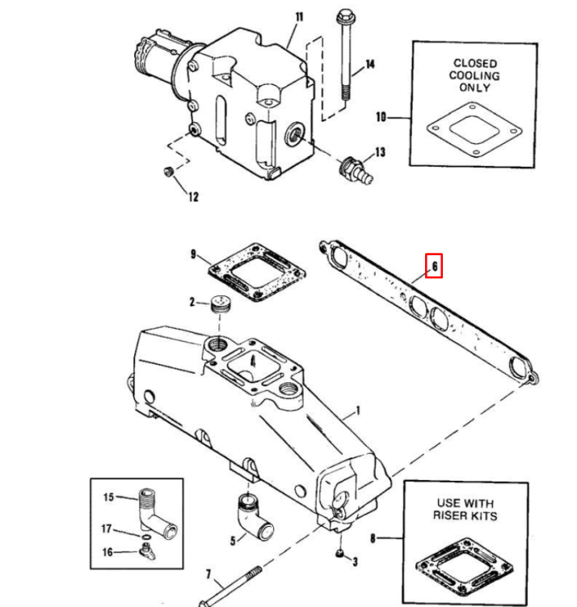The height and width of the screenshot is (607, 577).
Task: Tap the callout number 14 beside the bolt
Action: tap(369, 64)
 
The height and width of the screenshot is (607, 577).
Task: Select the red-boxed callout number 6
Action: tap(434, 265)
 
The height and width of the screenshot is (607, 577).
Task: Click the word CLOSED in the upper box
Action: tap(474, 63)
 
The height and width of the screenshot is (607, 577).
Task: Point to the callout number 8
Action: tap(373, 537)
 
